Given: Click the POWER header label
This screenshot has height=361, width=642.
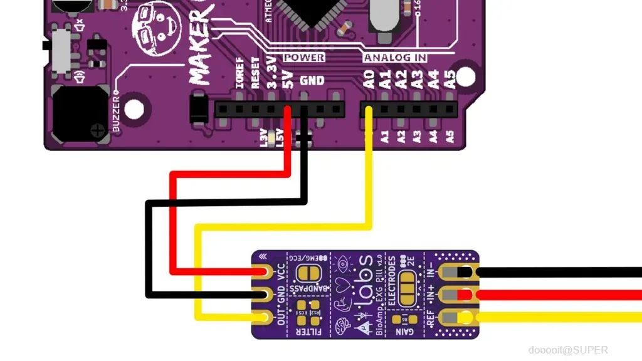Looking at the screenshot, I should click(x=304, y=58).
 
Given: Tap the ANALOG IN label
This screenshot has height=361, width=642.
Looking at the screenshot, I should click(x=396, y=58).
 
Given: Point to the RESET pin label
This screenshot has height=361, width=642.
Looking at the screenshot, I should click(x=255, y=73).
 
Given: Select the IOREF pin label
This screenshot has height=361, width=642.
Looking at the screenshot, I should click(x=239, y=73).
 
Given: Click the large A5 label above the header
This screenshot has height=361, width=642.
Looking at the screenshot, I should click(x=449, y=79).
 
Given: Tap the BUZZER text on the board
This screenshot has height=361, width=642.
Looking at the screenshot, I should click(x=117, y=112).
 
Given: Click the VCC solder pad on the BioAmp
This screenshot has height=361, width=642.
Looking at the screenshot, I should click(x=261, y=272).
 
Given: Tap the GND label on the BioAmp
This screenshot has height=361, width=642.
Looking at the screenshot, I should click(x=280, y=293).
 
